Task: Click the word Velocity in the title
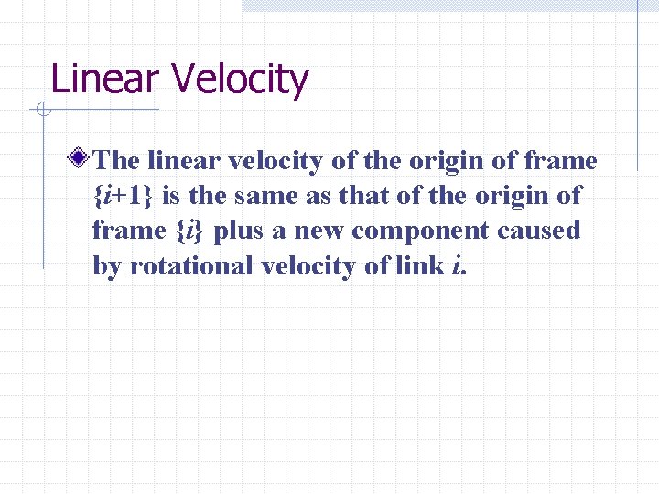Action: [x=241, y=81]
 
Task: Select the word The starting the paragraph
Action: [x=116, y=161]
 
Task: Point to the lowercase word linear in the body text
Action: [x=183, y=161]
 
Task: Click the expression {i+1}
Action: [x=124, y=196]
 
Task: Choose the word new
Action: [x=317, y=231]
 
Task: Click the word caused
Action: [x=539, y=231]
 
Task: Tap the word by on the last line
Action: [x=107, y=266]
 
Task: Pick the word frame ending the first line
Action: [x=561, y=161]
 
